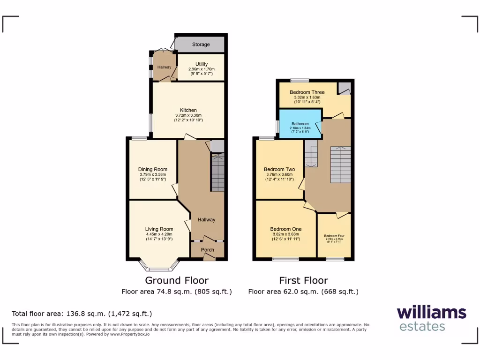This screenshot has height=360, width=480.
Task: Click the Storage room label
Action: (x=201, y=45)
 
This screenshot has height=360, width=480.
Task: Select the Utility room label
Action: (x=202, y=64)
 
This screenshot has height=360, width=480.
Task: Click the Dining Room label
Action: (x=152, y=170)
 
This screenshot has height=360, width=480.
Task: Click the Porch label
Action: (x=207, y=250)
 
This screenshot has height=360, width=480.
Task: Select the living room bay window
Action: (x=159, y=269)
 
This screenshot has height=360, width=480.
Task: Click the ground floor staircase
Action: (x=217, y=173)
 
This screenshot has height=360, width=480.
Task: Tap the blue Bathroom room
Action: (x=300, y=124)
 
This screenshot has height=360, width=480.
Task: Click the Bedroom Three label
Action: (x=307, y=92)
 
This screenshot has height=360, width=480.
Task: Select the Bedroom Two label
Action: (x=279, y=169)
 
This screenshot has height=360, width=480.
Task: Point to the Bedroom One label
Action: (x=286, y=229)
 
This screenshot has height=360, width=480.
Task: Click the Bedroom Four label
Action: (x=334, y=236)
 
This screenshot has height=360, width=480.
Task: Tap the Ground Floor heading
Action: (x=177, y=280)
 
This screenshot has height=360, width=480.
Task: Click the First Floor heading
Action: (x=303, y=280)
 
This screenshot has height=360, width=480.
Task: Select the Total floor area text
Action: (x=82, y=314)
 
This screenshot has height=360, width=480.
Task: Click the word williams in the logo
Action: (x=431, y=313)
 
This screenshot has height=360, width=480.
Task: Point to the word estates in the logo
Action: (x=422, y=326)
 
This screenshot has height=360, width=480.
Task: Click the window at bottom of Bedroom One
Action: (x=285, y=259)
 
